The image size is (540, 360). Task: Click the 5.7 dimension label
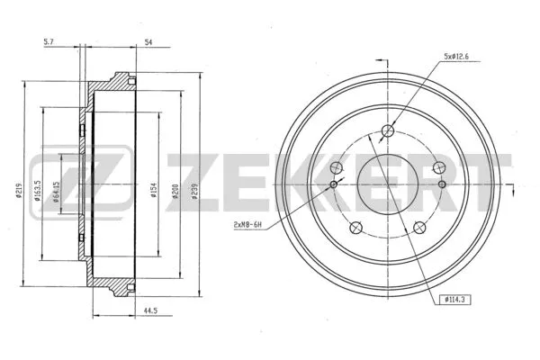coord(49,41)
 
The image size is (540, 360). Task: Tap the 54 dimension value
coord(149,41)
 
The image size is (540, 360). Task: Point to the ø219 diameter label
coord(19,190)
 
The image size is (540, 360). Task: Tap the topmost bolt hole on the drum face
coord(388,132)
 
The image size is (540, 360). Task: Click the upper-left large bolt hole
coord(337,168)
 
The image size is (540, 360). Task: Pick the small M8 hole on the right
coord(442,184)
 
